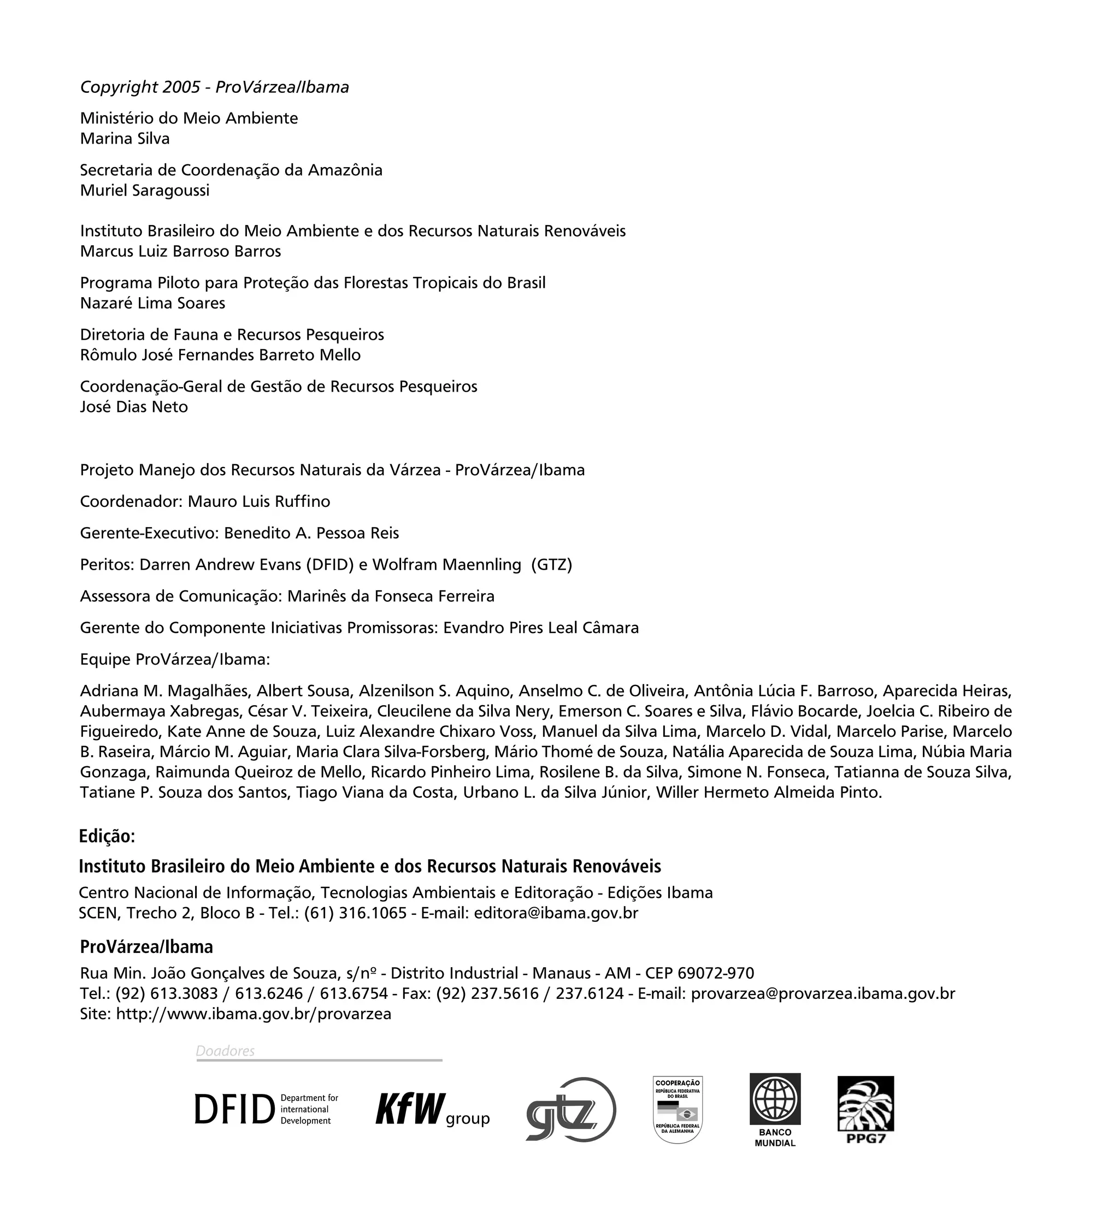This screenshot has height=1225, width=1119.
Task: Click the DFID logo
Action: [266, 1109]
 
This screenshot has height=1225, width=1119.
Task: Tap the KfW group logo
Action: [432, 1110]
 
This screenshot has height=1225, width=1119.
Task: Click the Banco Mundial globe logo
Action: [774, 1099]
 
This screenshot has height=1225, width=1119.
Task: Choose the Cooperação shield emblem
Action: [678, 1110]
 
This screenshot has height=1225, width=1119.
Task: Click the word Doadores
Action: [225, 1051]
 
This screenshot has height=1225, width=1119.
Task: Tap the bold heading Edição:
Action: [107, 837]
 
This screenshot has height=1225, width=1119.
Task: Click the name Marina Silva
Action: [125, 139]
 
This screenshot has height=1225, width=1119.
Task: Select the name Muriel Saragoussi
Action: [145, 190]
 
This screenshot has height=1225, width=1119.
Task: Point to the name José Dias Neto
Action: [134, 406]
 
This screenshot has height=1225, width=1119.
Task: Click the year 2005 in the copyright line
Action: [181, 87]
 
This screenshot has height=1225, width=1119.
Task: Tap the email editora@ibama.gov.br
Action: [556, 913]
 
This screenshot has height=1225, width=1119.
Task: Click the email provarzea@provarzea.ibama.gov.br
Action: [823, 993]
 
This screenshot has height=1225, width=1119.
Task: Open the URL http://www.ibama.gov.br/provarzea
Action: [254, 1014]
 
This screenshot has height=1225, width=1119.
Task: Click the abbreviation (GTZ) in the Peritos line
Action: [551, 565]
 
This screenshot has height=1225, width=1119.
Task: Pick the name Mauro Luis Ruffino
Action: [259, 501]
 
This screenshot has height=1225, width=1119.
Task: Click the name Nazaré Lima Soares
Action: [152, 303]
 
